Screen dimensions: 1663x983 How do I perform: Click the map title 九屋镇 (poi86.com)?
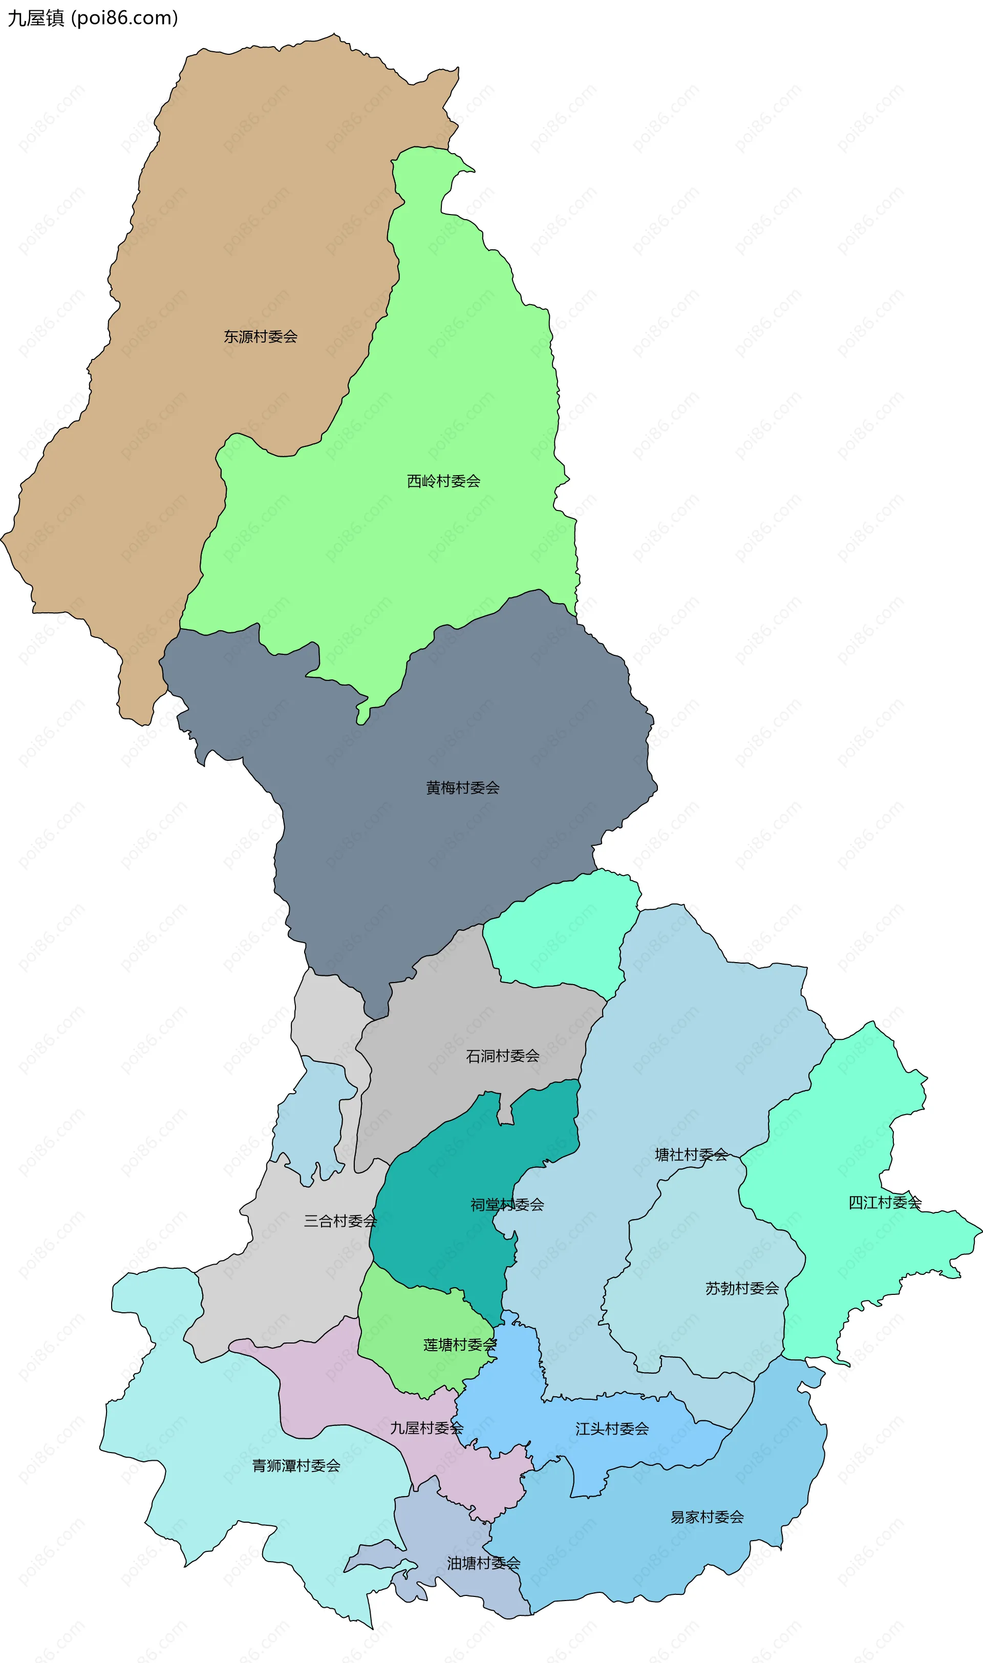tap(93, 18)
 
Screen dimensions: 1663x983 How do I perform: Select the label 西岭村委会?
tap(443, 481)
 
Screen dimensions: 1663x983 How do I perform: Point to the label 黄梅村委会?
tap(462, 787)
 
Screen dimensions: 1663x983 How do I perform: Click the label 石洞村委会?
tap(502, 1056)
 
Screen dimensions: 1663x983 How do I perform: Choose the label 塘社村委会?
tap(691, 1155)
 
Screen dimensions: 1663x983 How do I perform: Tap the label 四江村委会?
tap(885, 1202)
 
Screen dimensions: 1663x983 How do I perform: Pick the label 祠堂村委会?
tap(507, 1205)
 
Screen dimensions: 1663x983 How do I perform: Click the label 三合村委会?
tap(340, 1221)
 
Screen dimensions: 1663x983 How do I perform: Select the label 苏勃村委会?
tap(741, 1288)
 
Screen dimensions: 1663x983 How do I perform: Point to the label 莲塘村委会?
tap(460, 1345)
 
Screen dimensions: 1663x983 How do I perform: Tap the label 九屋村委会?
tap(426, 1428)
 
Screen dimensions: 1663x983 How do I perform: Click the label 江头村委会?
tap(611, 1429)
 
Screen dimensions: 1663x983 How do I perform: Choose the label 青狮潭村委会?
tap(296, 1466)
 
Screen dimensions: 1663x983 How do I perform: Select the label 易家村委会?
tap(707, 1517)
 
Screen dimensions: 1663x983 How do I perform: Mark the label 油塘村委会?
tap(483, 1563)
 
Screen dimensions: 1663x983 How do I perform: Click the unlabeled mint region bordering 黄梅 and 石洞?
tap(563, 934)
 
